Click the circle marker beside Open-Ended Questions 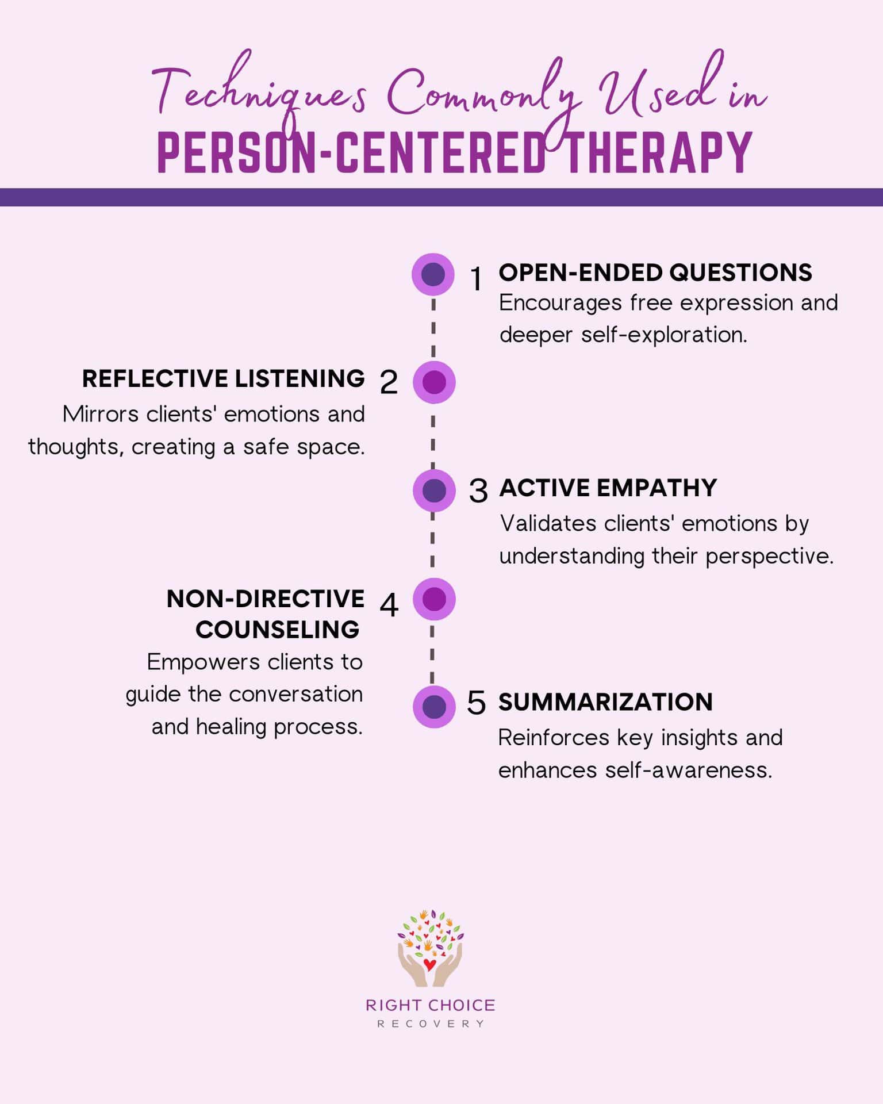click(433, 274)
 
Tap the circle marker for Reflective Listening click(434, 382)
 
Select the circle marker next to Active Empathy click(434, 490)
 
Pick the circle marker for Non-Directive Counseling click(434, 599)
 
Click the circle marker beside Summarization click(434, 707)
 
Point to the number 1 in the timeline click(476, 279)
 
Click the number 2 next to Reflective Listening click(389, 382)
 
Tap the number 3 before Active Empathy click(478, 491)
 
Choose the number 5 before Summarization click(477, 703)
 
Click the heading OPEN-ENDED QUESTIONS click(655, 273)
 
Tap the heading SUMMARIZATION click(605, 702)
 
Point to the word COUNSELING click(278, 630)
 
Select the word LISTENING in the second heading click(300, 379)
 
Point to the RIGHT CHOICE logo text click(431, 1005)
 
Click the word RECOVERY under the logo click(431, 1024)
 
